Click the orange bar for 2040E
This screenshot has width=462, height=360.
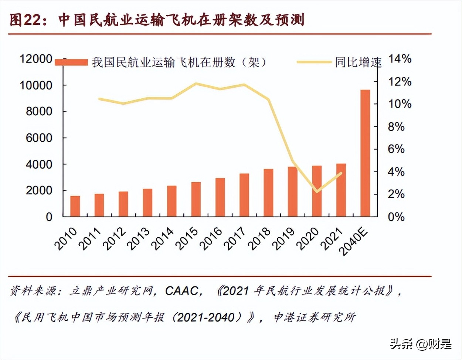point(365,153)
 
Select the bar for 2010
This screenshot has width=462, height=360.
point(75,206)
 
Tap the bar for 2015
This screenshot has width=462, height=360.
point(196,199)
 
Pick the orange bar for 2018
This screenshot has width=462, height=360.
point(268,193)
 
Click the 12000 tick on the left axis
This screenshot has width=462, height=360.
point(36,58)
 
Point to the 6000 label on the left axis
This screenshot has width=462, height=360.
point(39,138)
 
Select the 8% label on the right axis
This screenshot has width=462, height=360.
point(396,127)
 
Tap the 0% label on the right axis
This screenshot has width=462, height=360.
point(396,217)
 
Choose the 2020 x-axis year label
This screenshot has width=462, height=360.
point(308,238)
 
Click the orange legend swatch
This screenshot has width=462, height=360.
point(71,62)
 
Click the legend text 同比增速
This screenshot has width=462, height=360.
point(358,62)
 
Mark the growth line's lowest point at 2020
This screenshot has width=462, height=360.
point(317,191)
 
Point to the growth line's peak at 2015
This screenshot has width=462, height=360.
point(196,84)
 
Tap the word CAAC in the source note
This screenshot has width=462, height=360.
point(181,291)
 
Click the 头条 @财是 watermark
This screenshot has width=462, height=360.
point(421,344)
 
